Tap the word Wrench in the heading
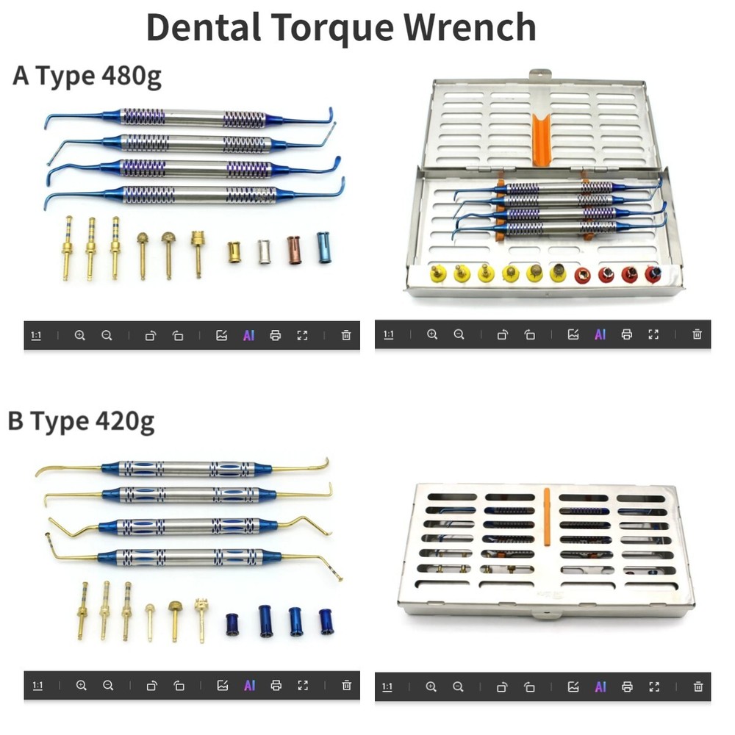(x=470, y=27)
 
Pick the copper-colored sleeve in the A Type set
(x=293, y=249)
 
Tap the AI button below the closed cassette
(x=600, y=686)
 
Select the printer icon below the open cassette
(x=626, y=335)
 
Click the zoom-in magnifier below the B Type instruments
(x=81, y=686)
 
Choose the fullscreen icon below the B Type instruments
(x=303, y=686)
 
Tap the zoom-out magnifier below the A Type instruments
(x=107, y=335)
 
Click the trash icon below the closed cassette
(x=698, y=686)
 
